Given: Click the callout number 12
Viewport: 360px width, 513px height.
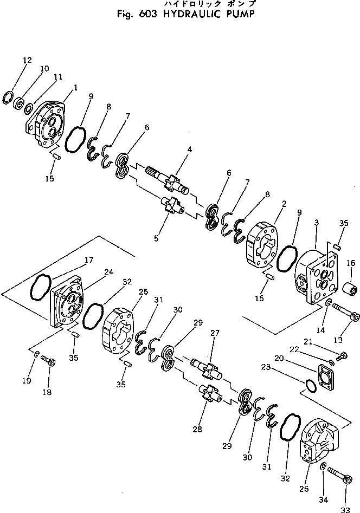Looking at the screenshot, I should (27, 60).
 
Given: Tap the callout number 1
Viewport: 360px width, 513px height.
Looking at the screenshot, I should (75, 87).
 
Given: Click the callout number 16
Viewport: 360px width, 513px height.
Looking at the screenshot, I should (350, 263).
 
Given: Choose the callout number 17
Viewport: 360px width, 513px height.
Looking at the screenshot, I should (89, 260).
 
